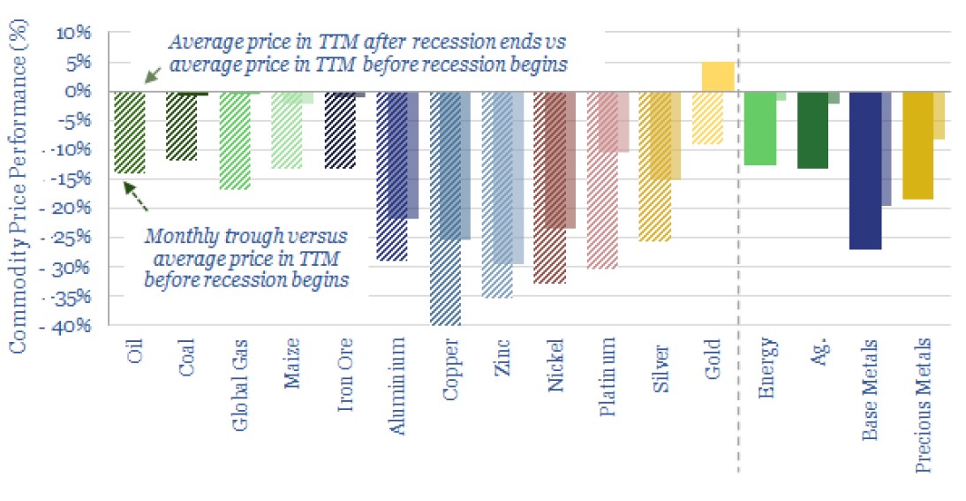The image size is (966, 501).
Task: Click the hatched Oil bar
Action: [130, 132]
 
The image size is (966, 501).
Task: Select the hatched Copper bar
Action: [445, 208]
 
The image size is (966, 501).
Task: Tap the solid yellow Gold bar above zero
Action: [718, 76]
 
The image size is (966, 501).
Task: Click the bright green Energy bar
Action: [759, 128]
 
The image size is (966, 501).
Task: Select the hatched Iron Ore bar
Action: [341, 130]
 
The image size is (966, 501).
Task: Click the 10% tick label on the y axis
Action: [75, 33]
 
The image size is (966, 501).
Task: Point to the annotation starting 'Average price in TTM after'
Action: [368, 53]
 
